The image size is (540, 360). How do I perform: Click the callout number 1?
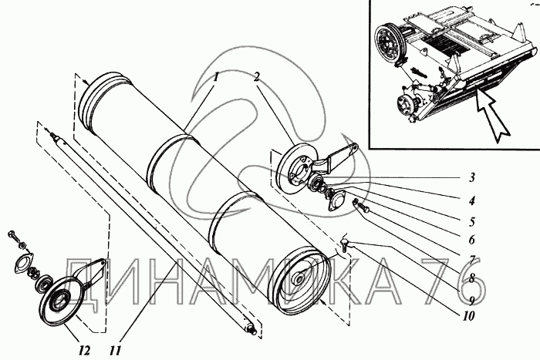tap(216, 77)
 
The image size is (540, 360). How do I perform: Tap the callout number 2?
tap(256, 77)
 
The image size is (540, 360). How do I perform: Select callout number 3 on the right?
tap(472, 177)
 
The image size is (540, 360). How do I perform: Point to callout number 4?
tap(472, 200)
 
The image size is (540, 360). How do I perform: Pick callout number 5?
tap(472, 221)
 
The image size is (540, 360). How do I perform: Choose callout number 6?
tap(472, 239)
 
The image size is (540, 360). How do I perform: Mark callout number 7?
tap(472, 258)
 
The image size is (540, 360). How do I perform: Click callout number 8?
tap(472, 277)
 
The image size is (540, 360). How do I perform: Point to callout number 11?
tap(116, 351)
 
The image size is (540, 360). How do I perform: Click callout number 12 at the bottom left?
tap(84, 351)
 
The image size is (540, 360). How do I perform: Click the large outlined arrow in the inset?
tap(492, 115)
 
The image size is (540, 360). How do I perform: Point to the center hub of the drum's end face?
tap(299, 277)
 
